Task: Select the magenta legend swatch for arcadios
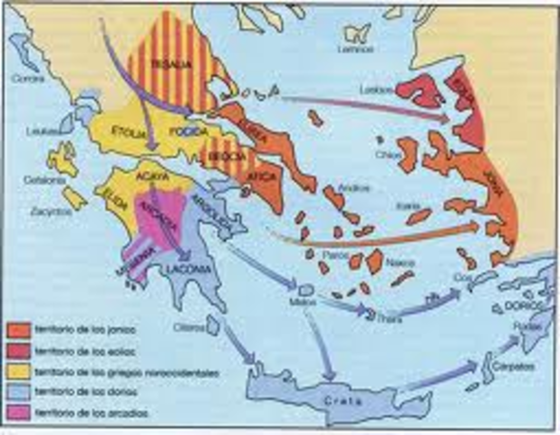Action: (17, 413)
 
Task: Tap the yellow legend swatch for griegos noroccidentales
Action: (17, 371)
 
